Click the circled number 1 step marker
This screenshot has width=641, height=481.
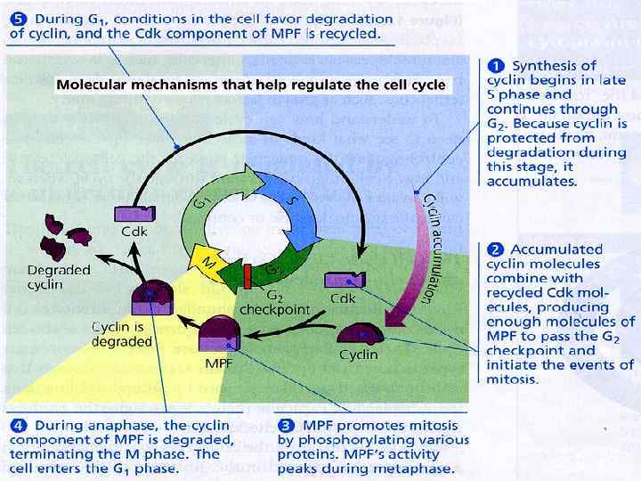click(x=494, y=65)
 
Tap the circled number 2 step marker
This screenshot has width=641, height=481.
click(x=494, y=249)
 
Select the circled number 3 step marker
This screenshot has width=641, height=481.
click(x=285, y=424)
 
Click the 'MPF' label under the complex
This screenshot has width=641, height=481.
click(x=219, y=363)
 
